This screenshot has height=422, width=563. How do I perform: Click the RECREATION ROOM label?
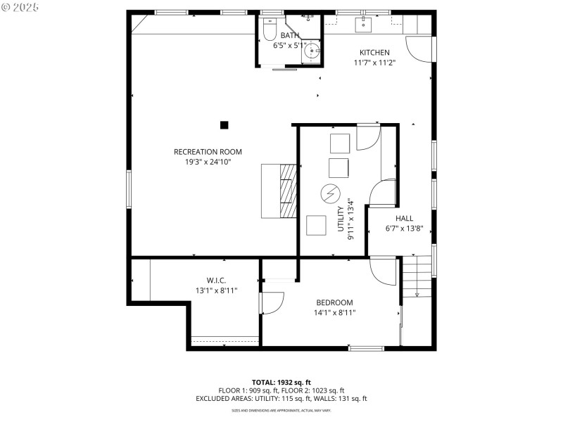coord(208,151)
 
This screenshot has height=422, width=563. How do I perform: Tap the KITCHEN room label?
coord(374,53)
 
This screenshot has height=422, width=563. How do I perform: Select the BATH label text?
coord(289,35)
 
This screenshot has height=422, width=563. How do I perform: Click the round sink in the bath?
coord(312,53)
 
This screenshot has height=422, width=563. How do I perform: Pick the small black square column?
coord(224,125)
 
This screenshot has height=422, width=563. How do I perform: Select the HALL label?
coord(404,218)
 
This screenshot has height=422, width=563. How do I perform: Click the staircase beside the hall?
coord(417,276)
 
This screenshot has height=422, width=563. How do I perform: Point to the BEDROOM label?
coord(334,303)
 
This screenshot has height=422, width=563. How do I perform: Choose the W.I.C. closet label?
coord(216,280)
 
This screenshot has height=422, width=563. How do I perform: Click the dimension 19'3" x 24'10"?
coord(208,162)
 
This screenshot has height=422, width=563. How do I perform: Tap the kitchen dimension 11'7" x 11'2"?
coord(374,63)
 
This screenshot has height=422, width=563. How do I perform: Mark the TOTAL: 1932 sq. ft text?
coord(281,382)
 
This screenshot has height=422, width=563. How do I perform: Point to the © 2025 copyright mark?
coord(20,6)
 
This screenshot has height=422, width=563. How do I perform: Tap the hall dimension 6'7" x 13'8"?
coord(404,229)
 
